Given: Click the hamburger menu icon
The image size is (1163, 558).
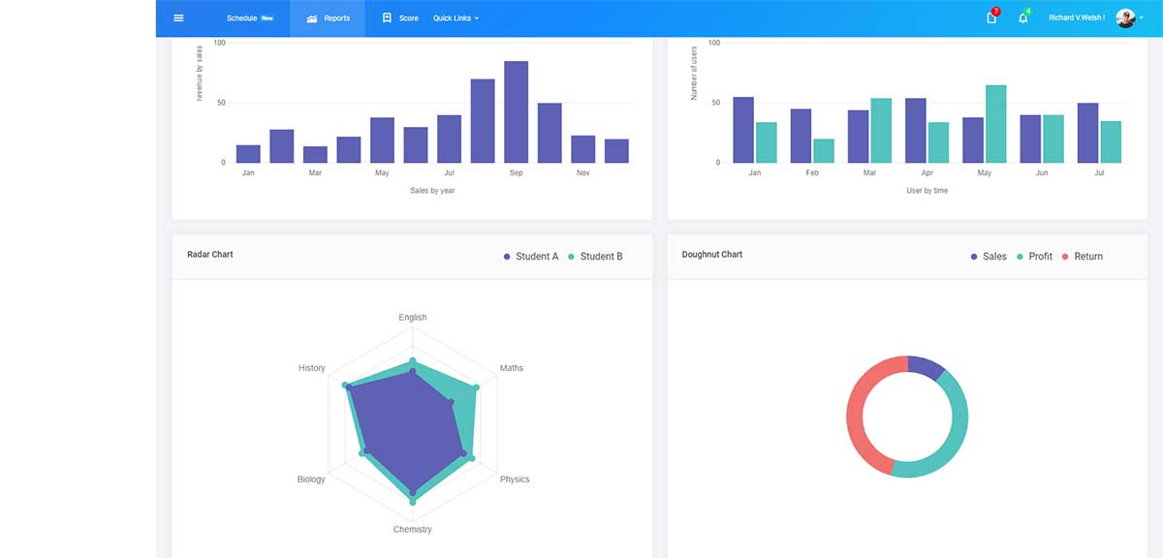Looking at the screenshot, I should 178,18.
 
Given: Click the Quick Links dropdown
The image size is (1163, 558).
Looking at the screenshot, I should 456,18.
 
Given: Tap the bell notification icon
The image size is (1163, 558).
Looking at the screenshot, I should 1022,18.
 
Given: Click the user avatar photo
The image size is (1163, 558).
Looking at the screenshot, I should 1124,18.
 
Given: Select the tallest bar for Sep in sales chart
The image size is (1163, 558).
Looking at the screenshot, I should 516,111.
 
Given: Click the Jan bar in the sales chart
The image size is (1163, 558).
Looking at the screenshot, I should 248,154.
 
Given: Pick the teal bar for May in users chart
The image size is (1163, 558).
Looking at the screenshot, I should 995,124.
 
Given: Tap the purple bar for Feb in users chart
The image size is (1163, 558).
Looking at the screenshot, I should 801,136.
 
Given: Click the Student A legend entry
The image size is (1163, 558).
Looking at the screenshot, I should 531,257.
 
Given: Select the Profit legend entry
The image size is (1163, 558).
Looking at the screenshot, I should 1034,257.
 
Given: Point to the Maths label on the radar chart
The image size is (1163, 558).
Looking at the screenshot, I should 512,368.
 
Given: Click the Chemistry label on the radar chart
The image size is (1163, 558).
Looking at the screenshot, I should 413,530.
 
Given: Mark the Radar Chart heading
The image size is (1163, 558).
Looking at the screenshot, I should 210,255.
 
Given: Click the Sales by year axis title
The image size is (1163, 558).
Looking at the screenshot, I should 432,191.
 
